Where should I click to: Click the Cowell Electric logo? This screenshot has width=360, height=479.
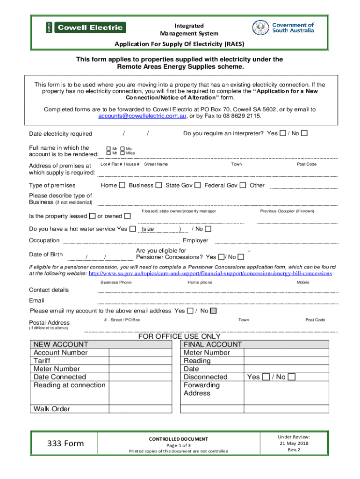[86, 28]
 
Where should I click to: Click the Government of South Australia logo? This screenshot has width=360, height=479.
[283, 28]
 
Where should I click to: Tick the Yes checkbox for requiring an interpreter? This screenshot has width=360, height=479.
[282, 134]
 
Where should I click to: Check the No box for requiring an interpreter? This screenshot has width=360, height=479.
[304, 134]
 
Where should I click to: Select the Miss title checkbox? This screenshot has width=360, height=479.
[122, 153]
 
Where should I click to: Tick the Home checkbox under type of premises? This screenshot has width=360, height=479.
[122, 185]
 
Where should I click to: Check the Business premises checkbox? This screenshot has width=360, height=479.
[159, 185]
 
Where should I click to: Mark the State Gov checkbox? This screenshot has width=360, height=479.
[198, 185]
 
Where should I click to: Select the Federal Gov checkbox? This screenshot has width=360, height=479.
[243, 185]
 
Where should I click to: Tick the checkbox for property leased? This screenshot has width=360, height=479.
[92, 216]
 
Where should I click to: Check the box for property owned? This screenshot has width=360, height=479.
[128, 216]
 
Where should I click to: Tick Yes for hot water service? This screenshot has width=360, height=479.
[133, 229]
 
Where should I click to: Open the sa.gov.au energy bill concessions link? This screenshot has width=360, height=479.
[210, 273]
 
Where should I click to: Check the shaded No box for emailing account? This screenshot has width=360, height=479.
[213, 311]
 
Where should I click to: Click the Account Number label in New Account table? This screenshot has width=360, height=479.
[60, 353]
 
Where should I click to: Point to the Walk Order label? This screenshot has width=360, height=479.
[52, 409]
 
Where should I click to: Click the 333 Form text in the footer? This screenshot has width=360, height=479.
[66, 443]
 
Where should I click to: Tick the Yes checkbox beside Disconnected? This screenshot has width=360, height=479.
[266, 377]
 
